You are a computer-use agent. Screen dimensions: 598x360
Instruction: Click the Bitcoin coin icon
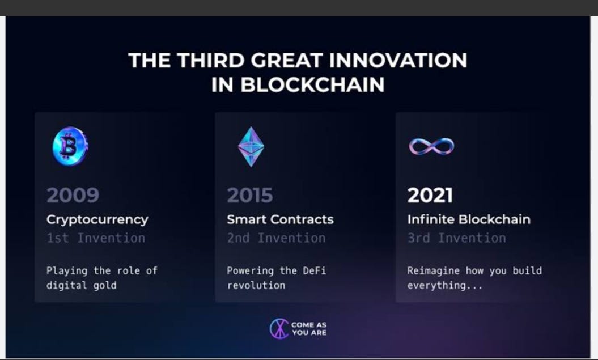70,146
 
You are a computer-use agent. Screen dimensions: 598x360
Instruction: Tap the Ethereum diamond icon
251,147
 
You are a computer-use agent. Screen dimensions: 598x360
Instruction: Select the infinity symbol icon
432,146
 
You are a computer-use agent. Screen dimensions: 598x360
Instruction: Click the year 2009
73,195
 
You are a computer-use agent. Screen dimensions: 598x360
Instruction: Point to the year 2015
250,195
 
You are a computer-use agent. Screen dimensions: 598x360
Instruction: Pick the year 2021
430,195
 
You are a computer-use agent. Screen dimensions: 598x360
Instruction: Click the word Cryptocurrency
97,219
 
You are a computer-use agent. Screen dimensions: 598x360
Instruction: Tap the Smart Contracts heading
281,219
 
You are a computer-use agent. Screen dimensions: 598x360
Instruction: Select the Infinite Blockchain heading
469,219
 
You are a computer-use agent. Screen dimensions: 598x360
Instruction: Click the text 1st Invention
96,238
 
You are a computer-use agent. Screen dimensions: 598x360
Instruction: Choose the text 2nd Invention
276,238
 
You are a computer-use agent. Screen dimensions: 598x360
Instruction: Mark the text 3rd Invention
456,238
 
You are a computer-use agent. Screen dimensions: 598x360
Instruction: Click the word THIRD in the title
210,60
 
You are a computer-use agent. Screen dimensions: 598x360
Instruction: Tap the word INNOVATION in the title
398,60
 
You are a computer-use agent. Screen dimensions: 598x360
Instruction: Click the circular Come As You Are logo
279,329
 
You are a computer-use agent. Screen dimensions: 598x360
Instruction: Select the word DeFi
314,271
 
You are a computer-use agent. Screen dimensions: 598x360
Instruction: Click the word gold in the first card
105,286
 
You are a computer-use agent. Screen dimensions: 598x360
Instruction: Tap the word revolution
256,286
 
